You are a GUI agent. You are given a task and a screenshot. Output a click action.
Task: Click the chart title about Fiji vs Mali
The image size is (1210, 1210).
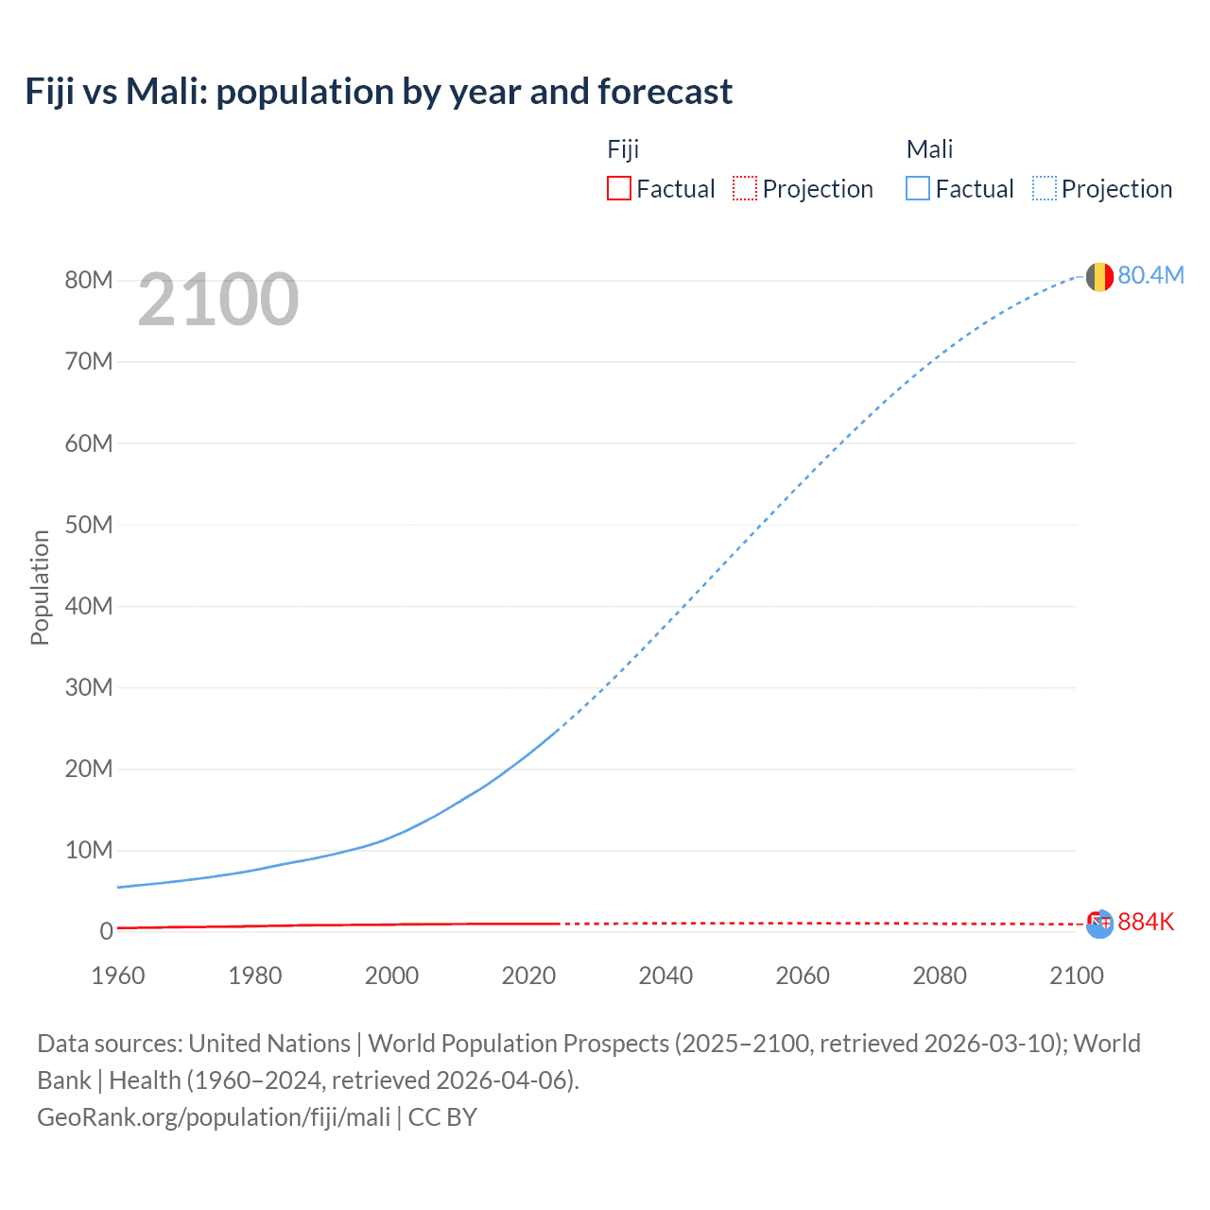pos(378,92)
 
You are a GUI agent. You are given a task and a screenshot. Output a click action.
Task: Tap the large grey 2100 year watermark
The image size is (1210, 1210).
pos(218,300)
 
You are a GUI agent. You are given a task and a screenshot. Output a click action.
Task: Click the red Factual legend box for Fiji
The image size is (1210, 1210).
pos(618,188)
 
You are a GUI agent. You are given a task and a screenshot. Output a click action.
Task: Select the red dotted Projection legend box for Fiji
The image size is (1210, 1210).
pos(745,188)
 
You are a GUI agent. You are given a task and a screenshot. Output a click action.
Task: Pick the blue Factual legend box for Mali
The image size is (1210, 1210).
pos(917,188)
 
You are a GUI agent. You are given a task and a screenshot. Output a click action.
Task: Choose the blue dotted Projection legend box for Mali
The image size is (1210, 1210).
pos(1044,188)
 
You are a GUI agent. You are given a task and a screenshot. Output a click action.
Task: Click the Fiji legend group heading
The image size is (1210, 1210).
pos(623,149)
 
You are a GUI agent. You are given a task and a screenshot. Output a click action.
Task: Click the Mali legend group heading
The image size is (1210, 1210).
pos(929,149)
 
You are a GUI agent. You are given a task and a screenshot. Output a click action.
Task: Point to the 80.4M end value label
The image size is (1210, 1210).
pos(1150,275)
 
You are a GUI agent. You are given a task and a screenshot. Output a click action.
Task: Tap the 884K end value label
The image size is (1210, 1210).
pos(1146,922)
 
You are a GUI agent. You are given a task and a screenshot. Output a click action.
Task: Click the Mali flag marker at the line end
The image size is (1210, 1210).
pos(1099,277)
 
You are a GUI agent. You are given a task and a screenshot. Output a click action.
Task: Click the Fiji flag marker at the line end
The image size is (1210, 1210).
pos(1099,924)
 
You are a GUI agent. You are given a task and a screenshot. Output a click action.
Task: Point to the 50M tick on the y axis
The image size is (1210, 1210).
pos(89,525)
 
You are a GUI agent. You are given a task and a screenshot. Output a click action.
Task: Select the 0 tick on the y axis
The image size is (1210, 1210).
pos(106,931)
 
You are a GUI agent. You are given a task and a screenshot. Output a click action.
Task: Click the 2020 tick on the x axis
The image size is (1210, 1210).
pos(528,976)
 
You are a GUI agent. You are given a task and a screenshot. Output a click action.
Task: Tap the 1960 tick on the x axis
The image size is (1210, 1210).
pos(118,976)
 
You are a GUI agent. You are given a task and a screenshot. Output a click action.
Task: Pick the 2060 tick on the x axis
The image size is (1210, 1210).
pos(803,976)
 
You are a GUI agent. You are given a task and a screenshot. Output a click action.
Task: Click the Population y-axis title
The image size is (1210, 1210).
pos(40,587)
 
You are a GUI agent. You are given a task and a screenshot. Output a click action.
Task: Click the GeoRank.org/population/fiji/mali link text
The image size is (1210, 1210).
pos(214,1116)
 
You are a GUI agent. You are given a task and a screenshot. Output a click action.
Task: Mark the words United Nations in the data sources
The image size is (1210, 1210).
pos(269,1043)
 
